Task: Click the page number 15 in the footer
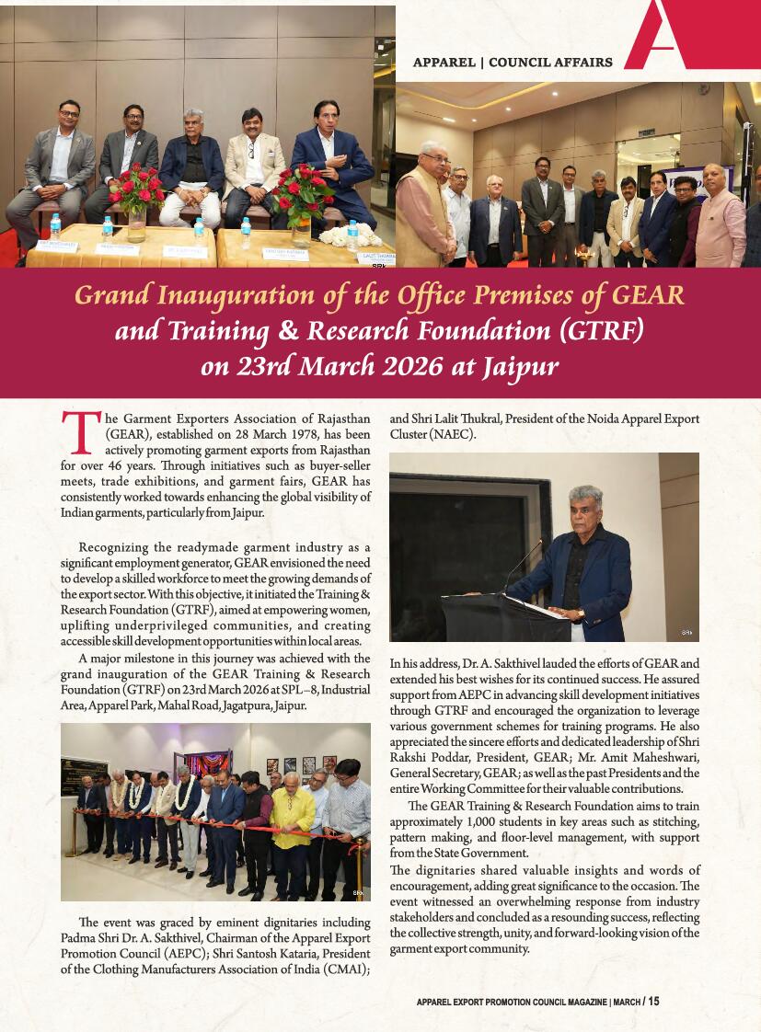pos(653,1002)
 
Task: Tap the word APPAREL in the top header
pos(444,63)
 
